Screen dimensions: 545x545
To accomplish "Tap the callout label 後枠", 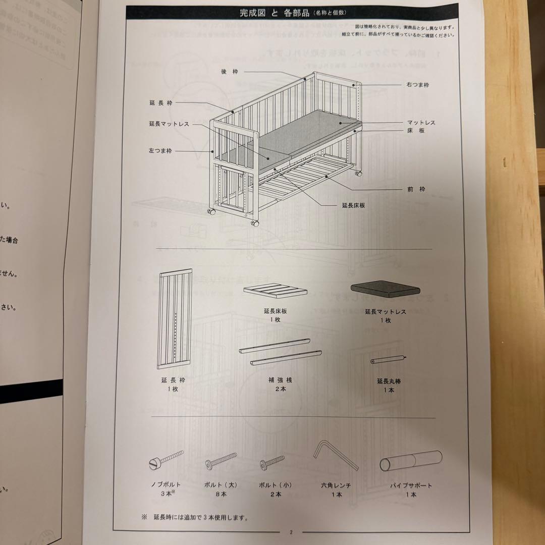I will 229,72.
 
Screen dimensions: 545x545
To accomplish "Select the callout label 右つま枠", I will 417,85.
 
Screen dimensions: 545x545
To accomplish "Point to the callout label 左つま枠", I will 160,151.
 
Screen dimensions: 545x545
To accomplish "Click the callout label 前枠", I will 416,189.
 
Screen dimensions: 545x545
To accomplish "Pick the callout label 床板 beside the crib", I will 416,131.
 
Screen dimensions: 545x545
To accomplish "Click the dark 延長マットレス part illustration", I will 386,289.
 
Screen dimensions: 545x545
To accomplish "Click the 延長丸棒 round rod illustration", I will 389,360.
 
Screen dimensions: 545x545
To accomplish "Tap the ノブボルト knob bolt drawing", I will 166,460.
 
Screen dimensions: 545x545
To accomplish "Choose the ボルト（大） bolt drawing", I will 221,461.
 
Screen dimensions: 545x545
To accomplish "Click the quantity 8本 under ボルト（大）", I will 221,495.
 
